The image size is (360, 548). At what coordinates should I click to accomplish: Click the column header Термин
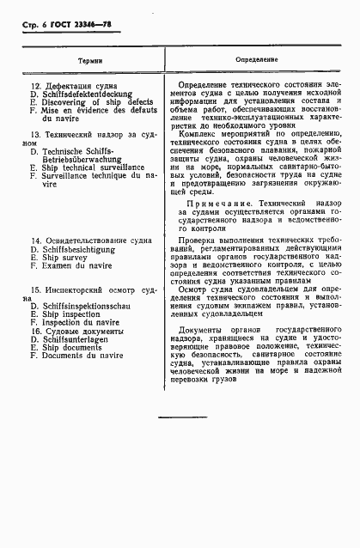tap(88, 62)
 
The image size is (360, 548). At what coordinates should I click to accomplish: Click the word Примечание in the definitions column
tap(218, 203)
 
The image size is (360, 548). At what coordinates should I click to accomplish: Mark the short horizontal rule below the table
tap(182, 417)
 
